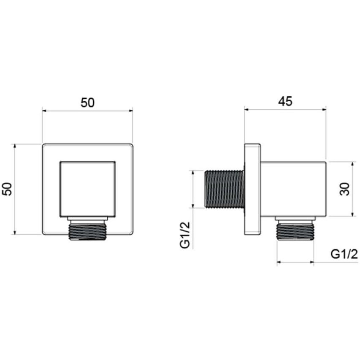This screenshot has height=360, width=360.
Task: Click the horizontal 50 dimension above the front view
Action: click(x=87, y=103)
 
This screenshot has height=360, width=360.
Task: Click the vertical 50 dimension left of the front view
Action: click(x=7, y=189)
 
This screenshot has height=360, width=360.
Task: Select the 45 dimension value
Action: click(x=285, y=101)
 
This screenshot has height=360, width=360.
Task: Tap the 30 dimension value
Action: click(x=344, y=189)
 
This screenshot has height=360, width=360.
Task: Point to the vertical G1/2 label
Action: click(x=185, y=235)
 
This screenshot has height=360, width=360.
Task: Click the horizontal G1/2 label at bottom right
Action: click(x=344, y=254)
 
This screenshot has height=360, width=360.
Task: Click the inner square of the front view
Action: click(x=87, y=189)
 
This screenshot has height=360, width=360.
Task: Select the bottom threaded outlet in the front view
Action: click(x=87, y=232)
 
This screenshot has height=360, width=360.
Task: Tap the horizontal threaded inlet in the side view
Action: click(x=224, y=189)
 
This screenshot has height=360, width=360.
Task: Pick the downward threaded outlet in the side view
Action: click(x=295, y=232)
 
